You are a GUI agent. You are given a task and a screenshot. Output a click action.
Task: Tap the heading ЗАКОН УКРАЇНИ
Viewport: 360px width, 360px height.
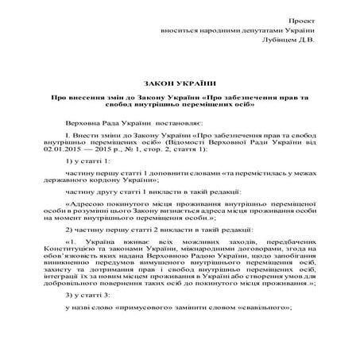[181, 82]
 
